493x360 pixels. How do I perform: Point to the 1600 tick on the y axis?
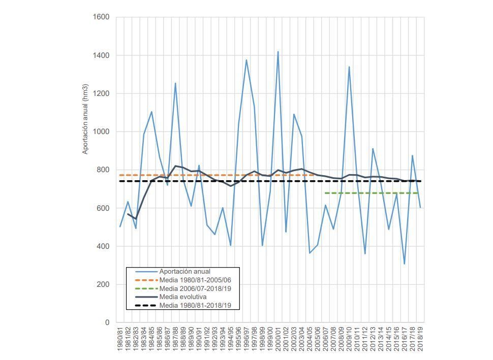(x=101, y=17)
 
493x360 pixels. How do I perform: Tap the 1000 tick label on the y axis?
(x=101, y=132)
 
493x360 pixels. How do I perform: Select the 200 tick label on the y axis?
(x=103, y=285)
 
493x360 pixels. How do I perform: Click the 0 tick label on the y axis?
(x=107, y=323)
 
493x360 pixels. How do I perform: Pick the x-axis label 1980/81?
(x=120, y=338)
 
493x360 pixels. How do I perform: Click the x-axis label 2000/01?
(x=279, y=338)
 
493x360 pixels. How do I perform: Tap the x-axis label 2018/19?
(x=421, y=338)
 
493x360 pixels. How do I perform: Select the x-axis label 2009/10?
(x=350, y=338)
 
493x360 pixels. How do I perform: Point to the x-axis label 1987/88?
(x=176, y=338)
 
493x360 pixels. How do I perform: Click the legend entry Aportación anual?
(x=184, y=272)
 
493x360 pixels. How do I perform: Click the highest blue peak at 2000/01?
(x=278, y=51)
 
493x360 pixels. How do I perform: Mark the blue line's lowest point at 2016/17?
(x=405, y=264)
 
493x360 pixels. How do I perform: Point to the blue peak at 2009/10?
(x=349, y=67)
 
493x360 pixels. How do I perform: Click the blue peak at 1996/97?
(x=246, y=60)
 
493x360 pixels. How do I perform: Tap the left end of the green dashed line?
(x=325, y=193)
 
